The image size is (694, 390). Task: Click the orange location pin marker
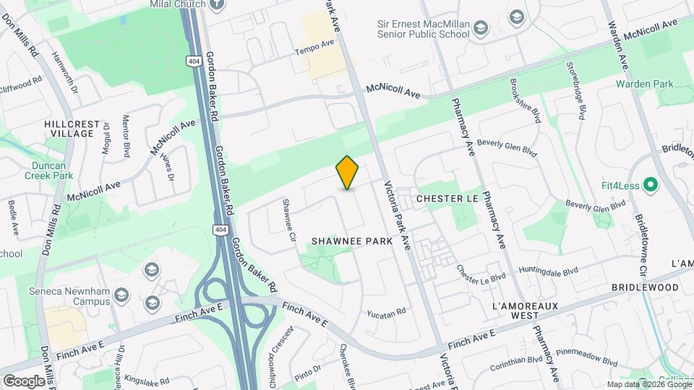pyautogui.click(x=348, y=172)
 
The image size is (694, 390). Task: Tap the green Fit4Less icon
pyautogui.click(x=650, y=185)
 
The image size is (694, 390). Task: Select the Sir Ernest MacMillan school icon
pyautogui.click(x=481, y=28)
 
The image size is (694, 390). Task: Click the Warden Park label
pyautogui.click(x=644, y=84)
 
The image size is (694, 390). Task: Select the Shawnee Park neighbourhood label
pyautogui.click(x=352, y=240)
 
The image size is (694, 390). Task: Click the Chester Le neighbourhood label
pyautogui.click(x=448, y=197)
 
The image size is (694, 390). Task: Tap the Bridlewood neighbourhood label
pyautogui.click(x=645, y=287)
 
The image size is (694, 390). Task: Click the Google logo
pyautogui.click(x=24, y=381)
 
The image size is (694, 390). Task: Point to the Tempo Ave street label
pyautogui.click(x=314, y=48)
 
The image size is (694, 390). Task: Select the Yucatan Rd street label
pyautogui.click(x=387, y=313)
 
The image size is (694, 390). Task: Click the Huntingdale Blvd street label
pyautogui.click(x=549, y=272)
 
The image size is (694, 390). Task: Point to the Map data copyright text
pyautogui.click(x=649, y=384)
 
